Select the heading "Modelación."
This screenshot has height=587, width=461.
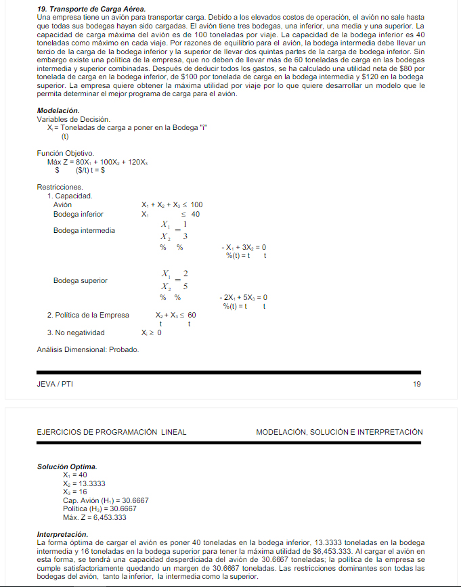(x=58, y=110)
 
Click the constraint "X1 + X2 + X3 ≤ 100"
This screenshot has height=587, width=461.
(x=172, y=205)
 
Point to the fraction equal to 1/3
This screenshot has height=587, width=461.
(x=174, y=230)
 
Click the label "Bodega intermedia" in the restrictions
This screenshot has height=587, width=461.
(x=84, y=230)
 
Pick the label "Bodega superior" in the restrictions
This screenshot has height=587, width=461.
(x=80, y=280)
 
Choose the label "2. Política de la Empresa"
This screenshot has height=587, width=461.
(x=88, y=315)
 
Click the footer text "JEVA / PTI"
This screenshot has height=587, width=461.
(x=55, y=385)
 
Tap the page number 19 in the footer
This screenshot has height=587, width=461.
(x=416, y=385)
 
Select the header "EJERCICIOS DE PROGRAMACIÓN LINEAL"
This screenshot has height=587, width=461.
(x=112, y=432)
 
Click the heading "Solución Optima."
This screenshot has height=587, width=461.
(x=67, y=466)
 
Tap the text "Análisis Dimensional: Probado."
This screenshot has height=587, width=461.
(x=88, y=349)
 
